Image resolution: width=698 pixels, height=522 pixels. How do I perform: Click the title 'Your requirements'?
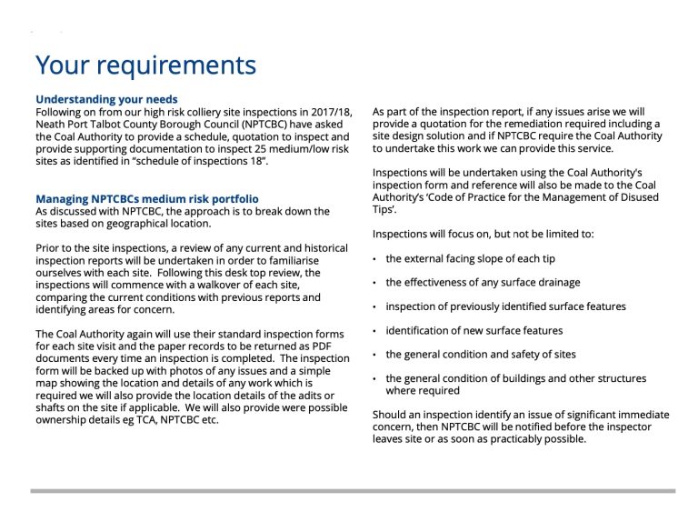145,66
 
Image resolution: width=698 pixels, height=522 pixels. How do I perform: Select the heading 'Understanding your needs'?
106,99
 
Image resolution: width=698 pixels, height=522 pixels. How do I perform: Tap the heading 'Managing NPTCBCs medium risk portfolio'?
146,198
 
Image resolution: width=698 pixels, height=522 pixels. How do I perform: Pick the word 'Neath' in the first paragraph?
52,124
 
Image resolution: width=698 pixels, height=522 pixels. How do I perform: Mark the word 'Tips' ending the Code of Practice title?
385,209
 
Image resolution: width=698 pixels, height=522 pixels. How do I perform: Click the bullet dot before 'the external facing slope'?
376,259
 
